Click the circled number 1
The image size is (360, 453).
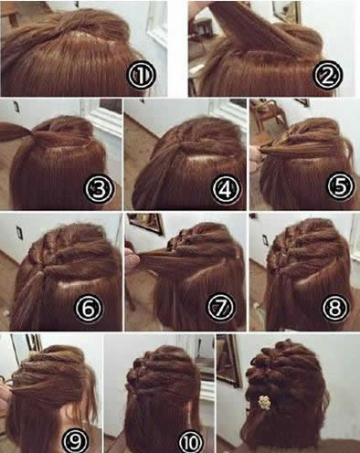click(142, 75)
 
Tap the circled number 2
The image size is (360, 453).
click(328, 75)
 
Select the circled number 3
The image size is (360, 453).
click(99, 189)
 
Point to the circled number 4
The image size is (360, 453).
click(226, 189)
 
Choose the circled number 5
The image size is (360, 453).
click(341, 186)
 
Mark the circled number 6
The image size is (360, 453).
click(89, 308)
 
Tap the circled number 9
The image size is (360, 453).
click(76, 440)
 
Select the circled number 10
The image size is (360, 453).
click(191, 441)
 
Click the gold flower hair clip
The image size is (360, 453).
click(264, 402)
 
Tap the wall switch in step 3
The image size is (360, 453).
click(16, 107)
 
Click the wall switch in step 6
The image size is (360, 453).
click(20, 233)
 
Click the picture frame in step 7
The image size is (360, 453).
click(145, 223)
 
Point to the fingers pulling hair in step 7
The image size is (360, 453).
click(132, 261)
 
